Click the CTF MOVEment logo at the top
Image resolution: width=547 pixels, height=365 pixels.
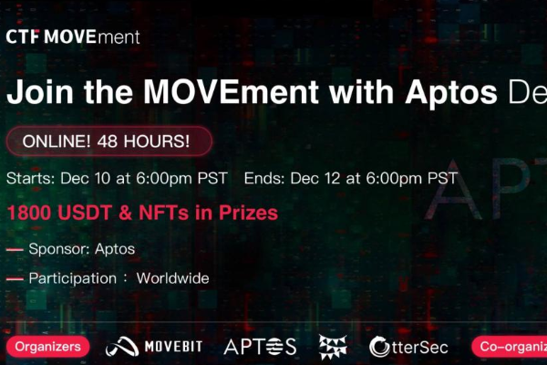(73, 37)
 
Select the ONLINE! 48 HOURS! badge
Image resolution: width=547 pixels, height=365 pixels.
(108, 141)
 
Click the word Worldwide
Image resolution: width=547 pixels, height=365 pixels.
(173, 278)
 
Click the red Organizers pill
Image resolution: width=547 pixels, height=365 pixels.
(48, 346)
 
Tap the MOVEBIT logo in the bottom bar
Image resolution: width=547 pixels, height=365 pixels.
(154, 346)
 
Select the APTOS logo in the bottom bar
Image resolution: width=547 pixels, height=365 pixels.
(260, 346)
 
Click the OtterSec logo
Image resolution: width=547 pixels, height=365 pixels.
(410, 346)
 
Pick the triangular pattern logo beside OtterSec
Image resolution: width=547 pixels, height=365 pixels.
(333, 346)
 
